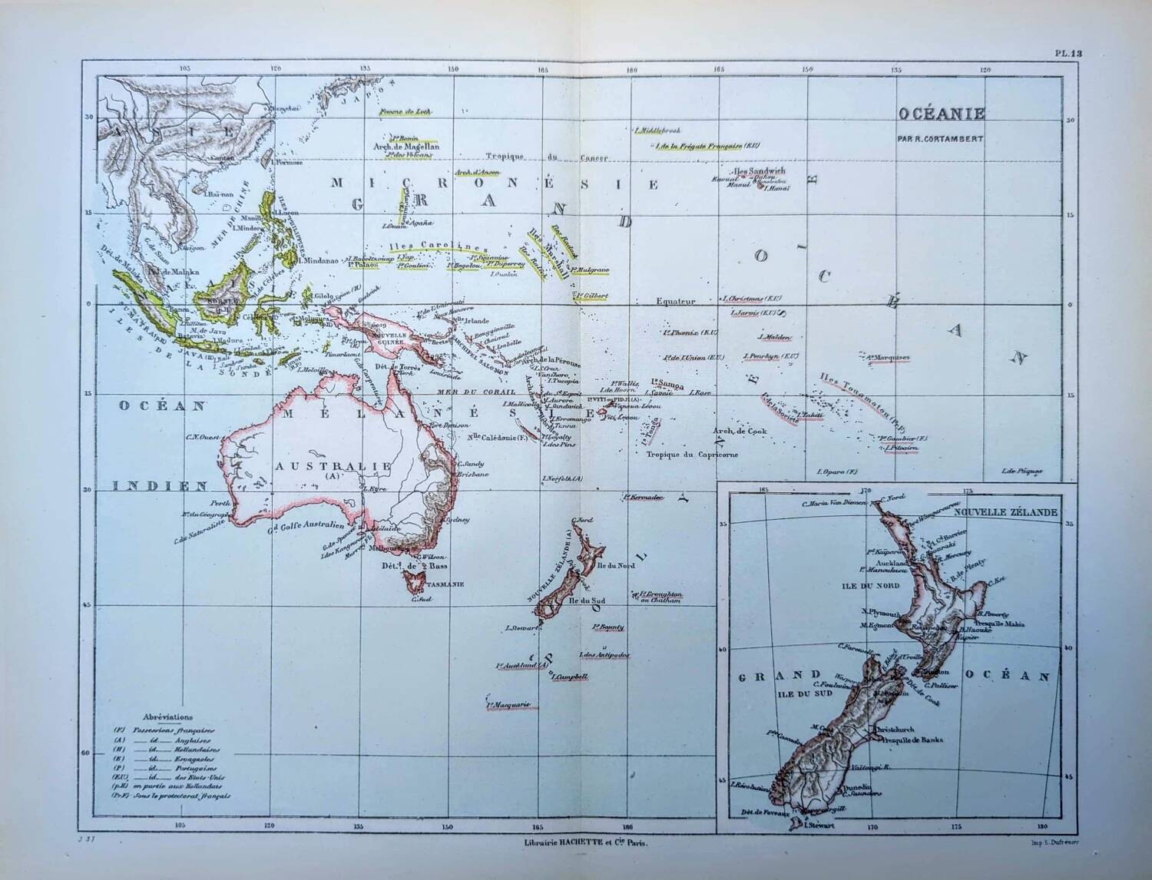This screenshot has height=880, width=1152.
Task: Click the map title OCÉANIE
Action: [942, 114]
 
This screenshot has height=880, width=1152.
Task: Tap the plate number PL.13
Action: [1068, 54]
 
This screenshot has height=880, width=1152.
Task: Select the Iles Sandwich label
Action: [760, 170]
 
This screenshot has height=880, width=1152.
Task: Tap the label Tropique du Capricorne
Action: [692, 455]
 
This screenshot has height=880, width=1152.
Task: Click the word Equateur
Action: [676, 302]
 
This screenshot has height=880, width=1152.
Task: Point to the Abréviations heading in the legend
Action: [167, 716]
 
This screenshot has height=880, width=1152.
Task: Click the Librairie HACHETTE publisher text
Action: [584, 843]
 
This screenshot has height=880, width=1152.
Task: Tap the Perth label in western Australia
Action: [220, 503]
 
